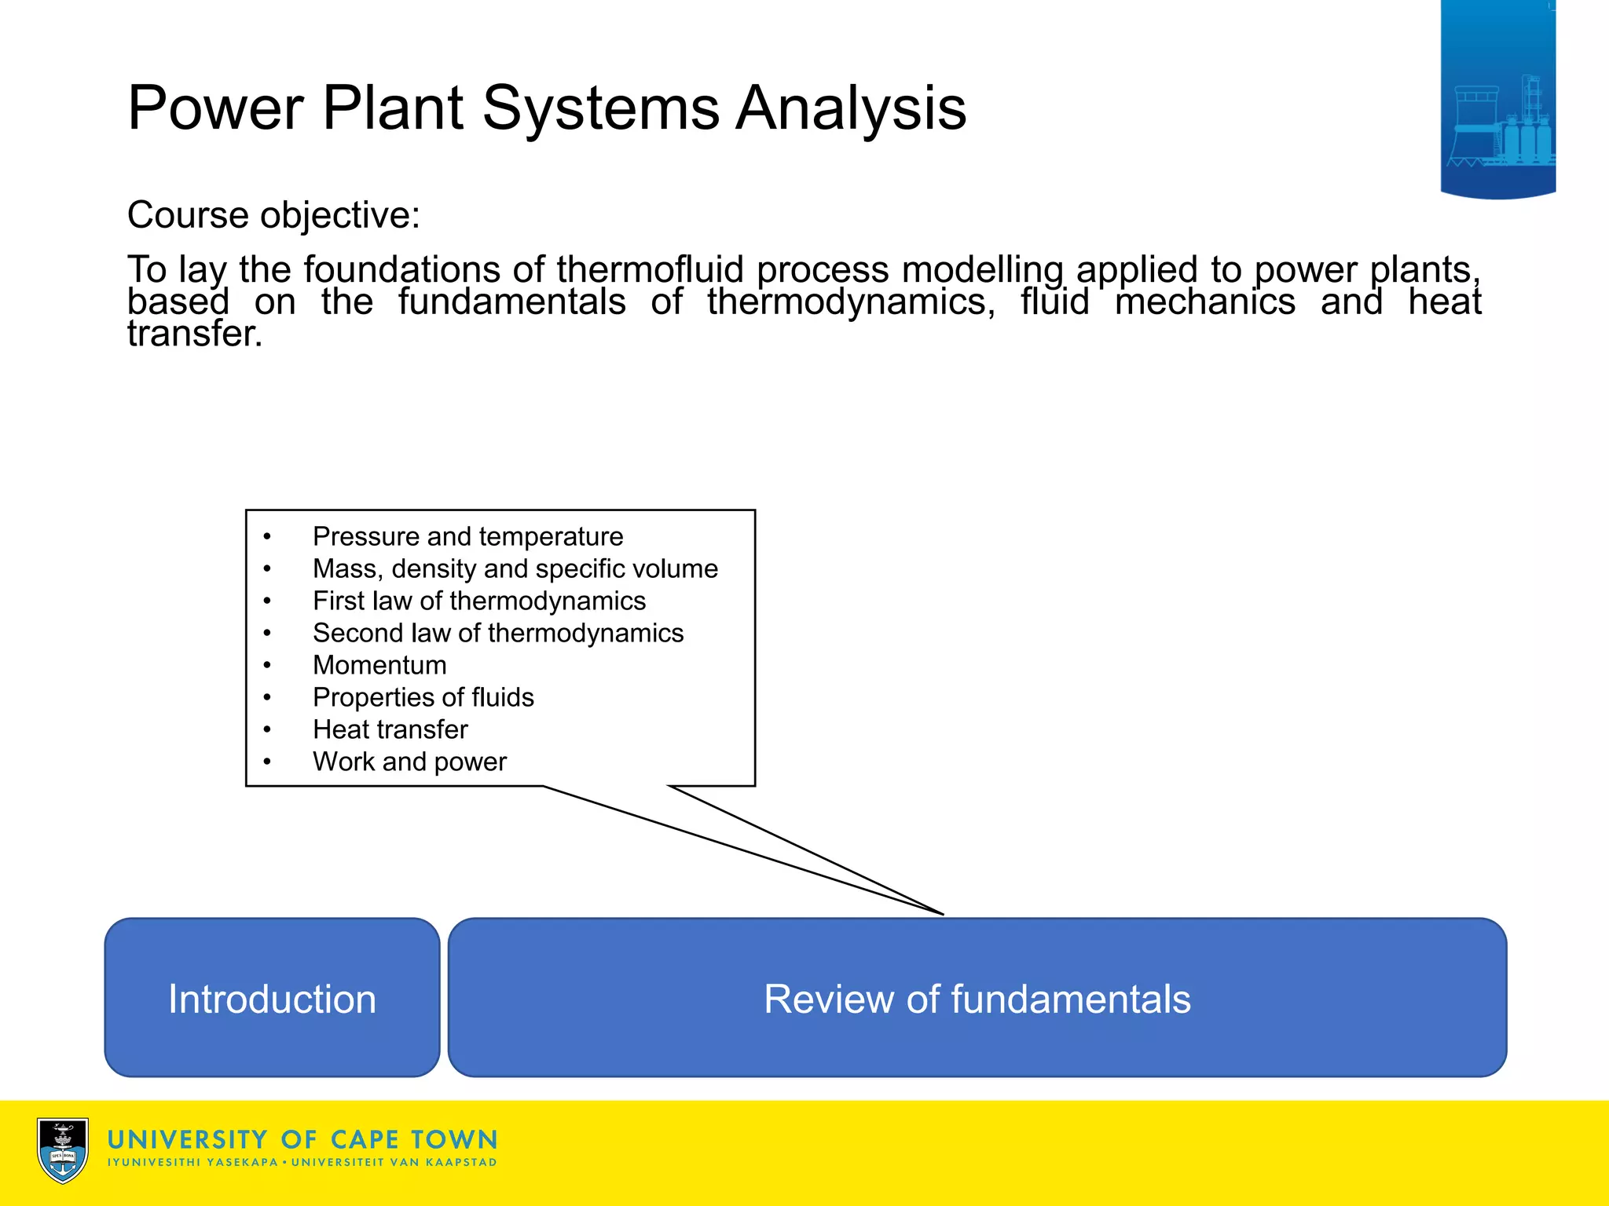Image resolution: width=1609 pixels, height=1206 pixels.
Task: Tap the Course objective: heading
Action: pos(273,215)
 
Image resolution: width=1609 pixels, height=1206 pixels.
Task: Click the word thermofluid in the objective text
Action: pos(650,270)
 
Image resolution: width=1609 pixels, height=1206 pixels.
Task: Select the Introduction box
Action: pos(272,998)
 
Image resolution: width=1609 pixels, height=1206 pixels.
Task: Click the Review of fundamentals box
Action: pos(977,998)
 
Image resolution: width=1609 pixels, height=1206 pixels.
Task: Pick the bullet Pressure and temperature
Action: pos(467,536)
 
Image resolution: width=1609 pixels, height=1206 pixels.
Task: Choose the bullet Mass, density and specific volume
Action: pos(515,568)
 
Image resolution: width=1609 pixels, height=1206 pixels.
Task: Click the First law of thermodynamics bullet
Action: pos(478,601)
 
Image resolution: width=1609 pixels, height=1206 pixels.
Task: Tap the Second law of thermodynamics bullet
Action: pos(497,633)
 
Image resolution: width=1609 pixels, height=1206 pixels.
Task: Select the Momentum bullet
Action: pos(379,665)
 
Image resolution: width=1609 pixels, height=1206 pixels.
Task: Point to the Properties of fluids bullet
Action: pos(423,697)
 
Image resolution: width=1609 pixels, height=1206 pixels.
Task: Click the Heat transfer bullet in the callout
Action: pos(390,729)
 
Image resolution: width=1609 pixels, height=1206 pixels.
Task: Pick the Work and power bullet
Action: pos(409,762)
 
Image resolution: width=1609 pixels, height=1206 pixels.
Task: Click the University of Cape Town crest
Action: pos(63,1150)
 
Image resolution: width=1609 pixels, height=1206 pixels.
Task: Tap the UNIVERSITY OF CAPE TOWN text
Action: pos(302,1140)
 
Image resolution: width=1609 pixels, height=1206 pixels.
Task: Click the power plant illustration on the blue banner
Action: pos(1501,126)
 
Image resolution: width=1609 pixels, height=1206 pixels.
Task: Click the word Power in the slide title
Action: pos(215,108)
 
